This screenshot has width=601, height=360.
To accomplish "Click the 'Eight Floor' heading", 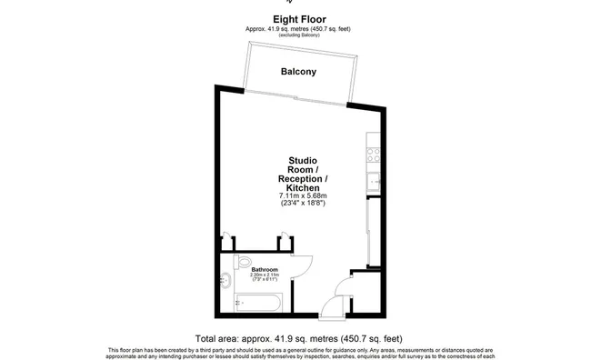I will pyautogui.click(x=299, y=17).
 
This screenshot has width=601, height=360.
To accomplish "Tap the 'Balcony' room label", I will pyautogui.click(x=297, y=71).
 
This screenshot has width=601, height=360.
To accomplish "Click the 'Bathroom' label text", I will pyautogui.click(x=265, y=268).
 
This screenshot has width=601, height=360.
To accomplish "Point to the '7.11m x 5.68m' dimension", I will pyautogui.click(x=303, y=195).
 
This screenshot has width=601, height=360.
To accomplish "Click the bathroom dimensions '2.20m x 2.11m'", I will pyautogui.click(x=265, y=275).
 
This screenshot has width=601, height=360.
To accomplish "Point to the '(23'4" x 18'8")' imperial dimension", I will pyautogui.click(x=303, y=203).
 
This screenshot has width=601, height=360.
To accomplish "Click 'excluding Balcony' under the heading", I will pyautogui.click(x=299, y=35).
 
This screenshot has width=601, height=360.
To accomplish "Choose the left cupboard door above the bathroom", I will pyautogui.click(x=228, y=239).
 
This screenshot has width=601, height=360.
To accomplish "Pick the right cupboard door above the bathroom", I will pyautogui.click(x=285, y=238).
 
